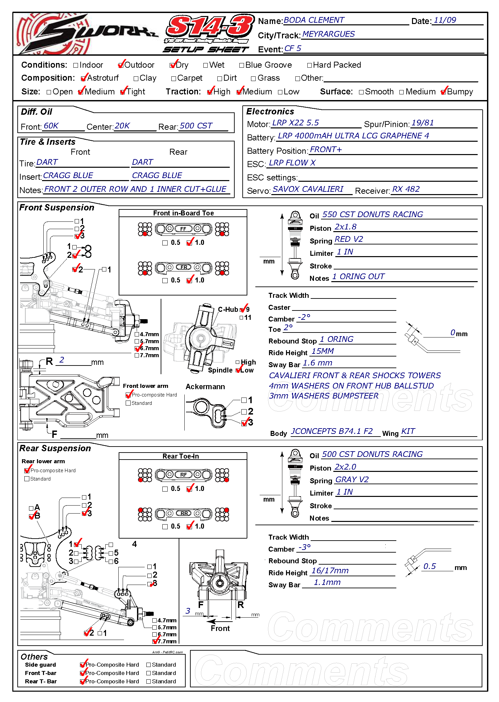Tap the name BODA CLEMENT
click(x=314, y=20)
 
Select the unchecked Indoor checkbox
click(x=76, y=65)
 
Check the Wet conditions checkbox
click(x=206, y=65)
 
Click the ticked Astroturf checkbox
click(x=84, y=78)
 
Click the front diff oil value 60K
click(x=51, y=126)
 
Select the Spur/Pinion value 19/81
click(x=422, y=123)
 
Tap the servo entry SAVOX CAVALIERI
click(x=308, y=189)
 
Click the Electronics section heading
click(x=270, y=111)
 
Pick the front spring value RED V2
click(x=349, y=239)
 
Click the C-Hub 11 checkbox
click(x=241, y=318)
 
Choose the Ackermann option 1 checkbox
click(x=244, y=400)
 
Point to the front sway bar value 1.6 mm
click(x=318, y=363)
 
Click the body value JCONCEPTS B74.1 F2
click(x=332, y=431)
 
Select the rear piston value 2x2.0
click(x=345, y=467)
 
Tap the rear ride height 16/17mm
click(x=330, y=571)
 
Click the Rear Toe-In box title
click(x=181, y=456)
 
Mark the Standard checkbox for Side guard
click(x=149, y=665)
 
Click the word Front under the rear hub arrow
click(x=220, y=628)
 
